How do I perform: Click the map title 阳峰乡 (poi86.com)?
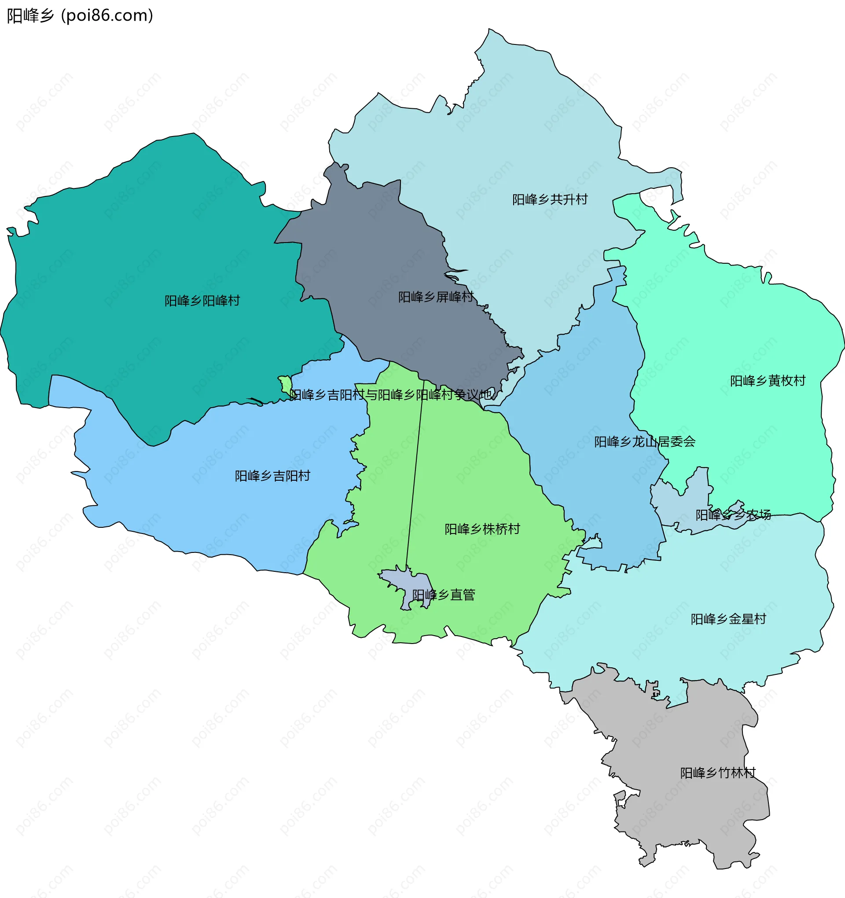click(80, 16)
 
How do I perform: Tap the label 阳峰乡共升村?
click(550, 200)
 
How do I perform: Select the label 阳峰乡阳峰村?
click(202, 301)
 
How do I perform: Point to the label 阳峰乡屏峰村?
click(435, 297)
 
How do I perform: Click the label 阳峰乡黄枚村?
click(768, 381)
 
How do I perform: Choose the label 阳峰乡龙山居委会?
click(644, 442)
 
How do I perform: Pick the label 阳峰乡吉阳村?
click(272, 476)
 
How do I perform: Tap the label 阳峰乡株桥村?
click(482, 529)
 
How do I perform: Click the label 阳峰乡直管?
click(444, 595)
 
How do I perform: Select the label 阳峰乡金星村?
click(728, 619)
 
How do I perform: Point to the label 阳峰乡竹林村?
click(718, 773)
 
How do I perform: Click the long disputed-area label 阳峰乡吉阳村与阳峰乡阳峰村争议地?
click(391, 395)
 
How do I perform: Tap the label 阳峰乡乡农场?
click(733, 515)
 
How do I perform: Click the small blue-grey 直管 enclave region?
click(407, 583)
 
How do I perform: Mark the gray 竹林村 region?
click(677, 813)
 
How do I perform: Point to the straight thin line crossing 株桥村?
click(415, 474)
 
